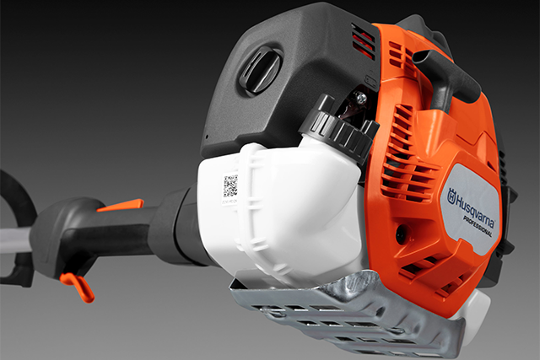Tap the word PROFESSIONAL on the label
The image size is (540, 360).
tap(477, 226)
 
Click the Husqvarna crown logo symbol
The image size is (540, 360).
tap(451, 196)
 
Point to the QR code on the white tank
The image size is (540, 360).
tap(230, 186)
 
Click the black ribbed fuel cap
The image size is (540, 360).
tap(339, 129)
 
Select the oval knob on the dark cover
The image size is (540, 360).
tap(261, 71)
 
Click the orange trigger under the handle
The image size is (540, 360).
tap(78, 286)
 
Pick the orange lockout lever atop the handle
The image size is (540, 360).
tap(121, 205)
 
